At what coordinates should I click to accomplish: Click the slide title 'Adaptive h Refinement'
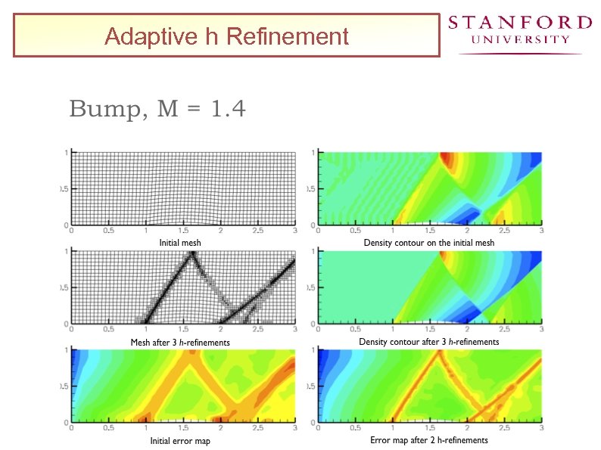[226, 36]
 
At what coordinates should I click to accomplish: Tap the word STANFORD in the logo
[520, 23]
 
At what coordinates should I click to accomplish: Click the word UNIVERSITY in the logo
[520, 39]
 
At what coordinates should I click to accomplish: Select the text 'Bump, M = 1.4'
[157, 110]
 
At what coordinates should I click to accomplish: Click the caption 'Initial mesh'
[179, 243]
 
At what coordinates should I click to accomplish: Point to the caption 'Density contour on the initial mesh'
[428, 243]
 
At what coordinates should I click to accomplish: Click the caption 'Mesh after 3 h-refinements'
[180, 342]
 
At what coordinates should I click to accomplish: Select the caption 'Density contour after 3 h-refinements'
[428, 342]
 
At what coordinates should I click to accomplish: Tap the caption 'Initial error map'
[180, 440]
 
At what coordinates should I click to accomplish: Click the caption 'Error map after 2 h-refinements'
[428, 440]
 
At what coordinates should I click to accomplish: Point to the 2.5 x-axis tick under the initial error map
[257, 428]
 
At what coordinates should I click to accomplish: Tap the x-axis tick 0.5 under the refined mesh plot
[108, 330]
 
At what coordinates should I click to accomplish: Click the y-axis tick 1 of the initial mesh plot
[66, 152]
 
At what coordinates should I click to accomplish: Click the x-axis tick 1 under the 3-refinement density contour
[393, 330]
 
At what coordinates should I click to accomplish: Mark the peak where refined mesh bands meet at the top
[192, 254]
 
